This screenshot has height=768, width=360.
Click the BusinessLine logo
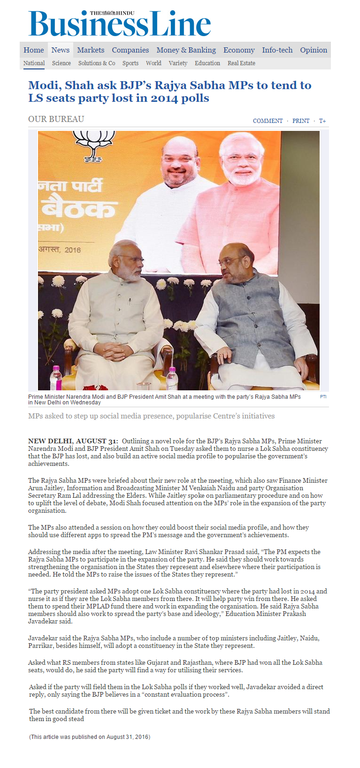pyautogui.click(x=120, y=24)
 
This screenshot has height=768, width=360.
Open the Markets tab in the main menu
pyautogui.click(x=91, y=50)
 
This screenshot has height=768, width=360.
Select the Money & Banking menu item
pyautogui.click(x=186, y=50)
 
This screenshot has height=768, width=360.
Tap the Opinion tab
pyautogui.click(x=314, y=50)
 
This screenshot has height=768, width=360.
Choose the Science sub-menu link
pyautogui.click(x=61, y=63)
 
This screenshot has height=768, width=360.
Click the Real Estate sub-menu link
pyautogui.click(x=241, y=63)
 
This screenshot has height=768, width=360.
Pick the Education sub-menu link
pyautogui.click(x=207, y=63)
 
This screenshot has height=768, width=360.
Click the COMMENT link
pyautogui.click(x=268, y=121)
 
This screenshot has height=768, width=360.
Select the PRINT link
pyautogui.click(x=301, y=121)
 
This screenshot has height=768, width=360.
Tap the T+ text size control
pyautogui.click(x=322, y=121)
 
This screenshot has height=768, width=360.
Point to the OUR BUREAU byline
pyautogui.click(x=56, y=119)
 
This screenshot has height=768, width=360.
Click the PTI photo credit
pyautogui.click(x=323, y=397)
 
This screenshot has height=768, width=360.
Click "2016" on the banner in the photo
pyautogui.click(x=72, y=250)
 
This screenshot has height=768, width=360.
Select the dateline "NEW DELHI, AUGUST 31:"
pyautogui.click(x=73, y=441)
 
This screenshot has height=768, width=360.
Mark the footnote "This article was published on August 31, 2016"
pyautogui.click(x=89, y=737)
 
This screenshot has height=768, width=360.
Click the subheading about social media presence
pyautogui.click(x=151, y=416)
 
